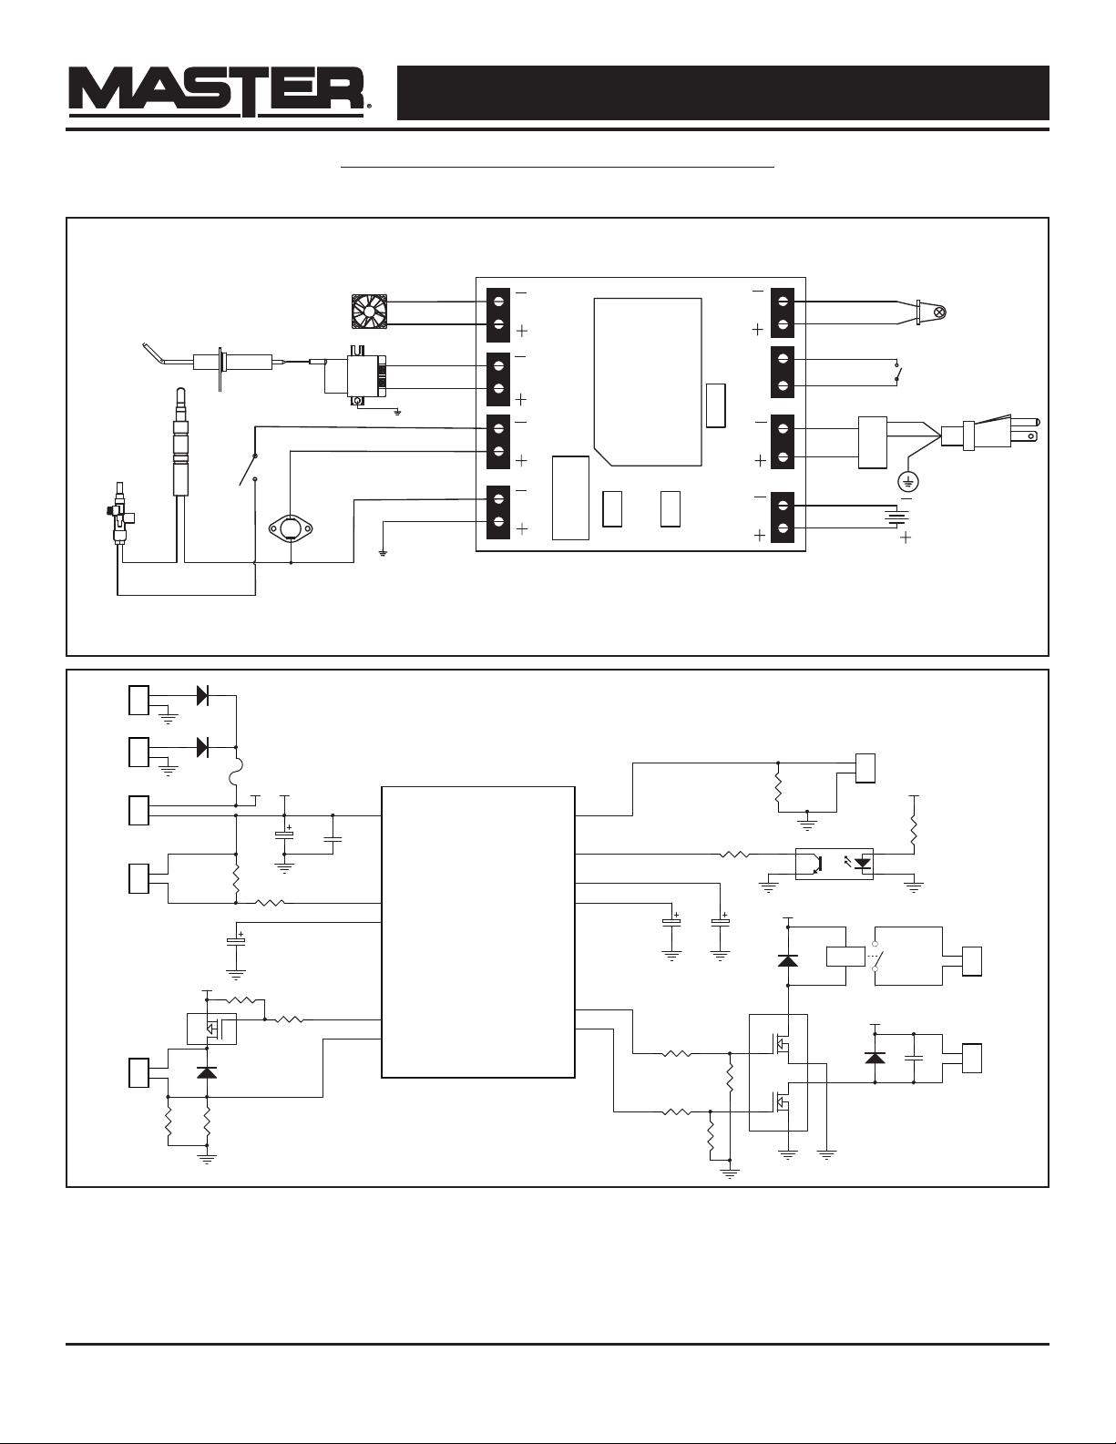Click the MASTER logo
click(220, 92)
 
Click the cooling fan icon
click(368, 312)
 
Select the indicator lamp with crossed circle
click(939, 312)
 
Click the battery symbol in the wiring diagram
click(896, 517)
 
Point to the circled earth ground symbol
click(907, 480)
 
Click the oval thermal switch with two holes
click(291, 529)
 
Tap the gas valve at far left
click(118, 513)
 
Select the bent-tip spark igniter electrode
click(213, 363)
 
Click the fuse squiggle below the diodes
click(238, 774)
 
